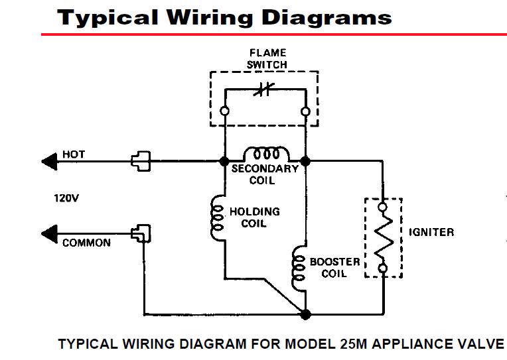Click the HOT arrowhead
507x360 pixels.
50,161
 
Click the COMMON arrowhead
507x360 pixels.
50,233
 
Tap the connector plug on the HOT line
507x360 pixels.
141,161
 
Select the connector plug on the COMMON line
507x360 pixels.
141,233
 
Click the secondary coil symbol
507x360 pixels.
266,154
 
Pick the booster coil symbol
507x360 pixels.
298,268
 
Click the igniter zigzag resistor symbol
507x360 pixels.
384,237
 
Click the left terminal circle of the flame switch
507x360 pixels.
224,111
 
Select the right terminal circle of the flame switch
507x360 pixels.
305,111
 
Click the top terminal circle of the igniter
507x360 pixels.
382,207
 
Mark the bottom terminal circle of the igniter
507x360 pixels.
383,269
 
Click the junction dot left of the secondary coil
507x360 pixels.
224,161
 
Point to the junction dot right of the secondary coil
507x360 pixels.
305,161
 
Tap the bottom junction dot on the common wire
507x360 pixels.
305,314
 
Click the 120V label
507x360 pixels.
66,198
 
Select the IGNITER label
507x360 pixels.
431,232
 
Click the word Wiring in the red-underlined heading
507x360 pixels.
210,17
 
